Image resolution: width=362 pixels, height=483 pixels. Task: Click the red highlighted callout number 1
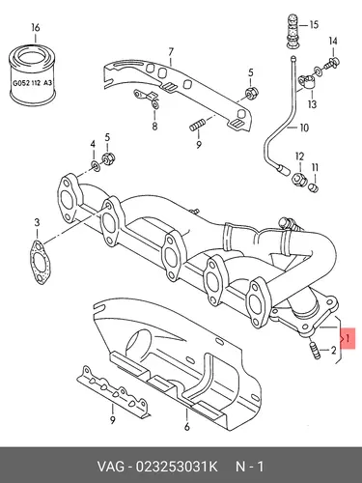click(348, 338)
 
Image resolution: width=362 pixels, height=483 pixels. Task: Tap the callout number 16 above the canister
click(36, 28)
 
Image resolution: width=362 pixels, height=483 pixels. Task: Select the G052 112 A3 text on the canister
click(32, 83)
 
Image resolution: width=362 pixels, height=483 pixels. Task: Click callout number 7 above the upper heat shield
click(171, 52)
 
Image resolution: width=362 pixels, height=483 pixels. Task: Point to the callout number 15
click(314, 24)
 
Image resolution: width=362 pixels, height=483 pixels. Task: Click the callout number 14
click(333, 41)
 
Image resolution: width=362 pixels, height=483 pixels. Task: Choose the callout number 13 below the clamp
click(312, 104)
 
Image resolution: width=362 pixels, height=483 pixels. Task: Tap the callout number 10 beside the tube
click(304, 128)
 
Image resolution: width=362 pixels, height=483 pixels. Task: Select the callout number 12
click(299, 156)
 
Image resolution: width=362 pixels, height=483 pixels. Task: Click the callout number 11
click(315, 168)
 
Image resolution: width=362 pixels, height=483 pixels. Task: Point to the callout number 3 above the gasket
click(38, 222)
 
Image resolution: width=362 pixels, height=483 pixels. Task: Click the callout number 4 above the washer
click(93, 144)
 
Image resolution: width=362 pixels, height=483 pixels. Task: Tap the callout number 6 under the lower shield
click(187, 427)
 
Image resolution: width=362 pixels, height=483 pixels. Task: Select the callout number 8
click(154, 127)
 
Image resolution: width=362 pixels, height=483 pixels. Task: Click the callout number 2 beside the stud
click(333, 350)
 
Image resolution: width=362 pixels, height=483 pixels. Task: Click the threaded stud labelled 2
click(315, 351)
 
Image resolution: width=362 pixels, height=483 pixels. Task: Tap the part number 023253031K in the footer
click(177, 467)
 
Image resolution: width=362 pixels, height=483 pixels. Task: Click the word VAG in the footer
click(110, 467)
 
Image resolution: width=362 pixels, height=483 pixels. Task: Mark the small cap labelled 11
click(314, 187)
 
